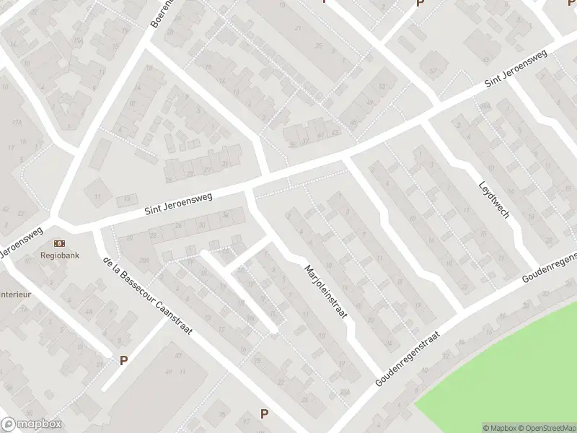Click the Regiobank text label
[x=59, y=255]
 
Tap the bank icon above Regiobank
[x=59, y=243]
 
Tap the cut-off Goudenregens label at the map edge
[x=550, y=266]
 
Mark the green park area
[x=505, y=375]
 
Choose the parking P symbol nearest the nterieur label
[x=123, y=359]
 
